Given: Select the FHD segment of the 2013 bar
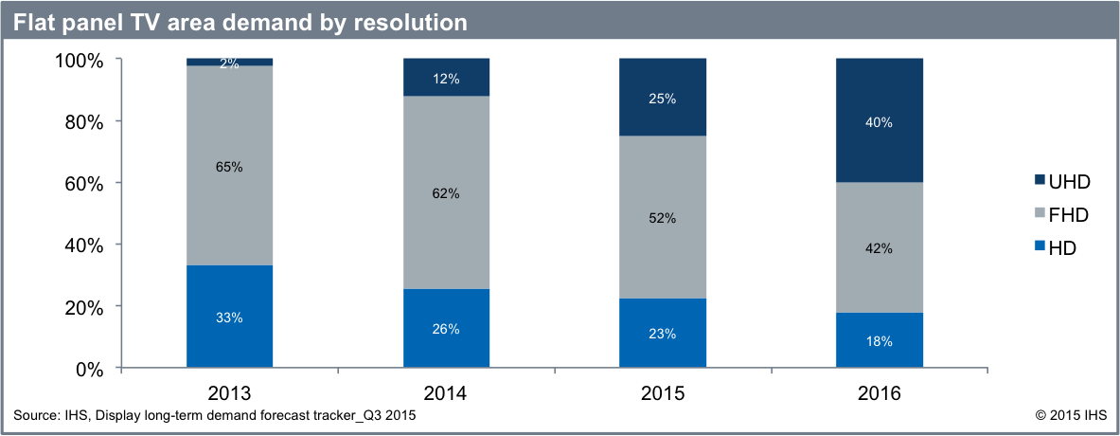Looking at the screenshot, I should click(x=229, y=190).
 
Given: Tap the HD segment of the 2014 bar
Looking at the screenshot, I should click(x=446, y=329).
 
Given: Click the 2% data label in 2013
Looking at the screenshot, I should click(x=229, y=63).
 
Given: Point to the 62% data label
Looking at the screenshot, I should click(x=446, y=193).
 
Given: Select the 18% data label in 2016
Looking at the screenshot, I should click(x=880, y=341).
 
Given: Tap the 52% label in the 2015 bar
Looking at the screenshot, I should click(x=663, y=218).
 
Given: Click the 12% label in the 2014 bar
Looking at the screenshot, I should click(x=446, y=79).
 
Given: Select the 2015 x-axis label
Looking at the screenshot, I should click(x=663, y=393).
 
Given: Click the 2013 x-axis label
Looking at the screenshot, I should click(x=229, y=393).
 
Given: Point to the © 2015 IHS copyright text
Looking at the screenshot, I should click(x=1070, y=415).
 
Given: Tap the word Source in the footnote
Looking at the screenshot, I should click(x=35, y=415).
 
